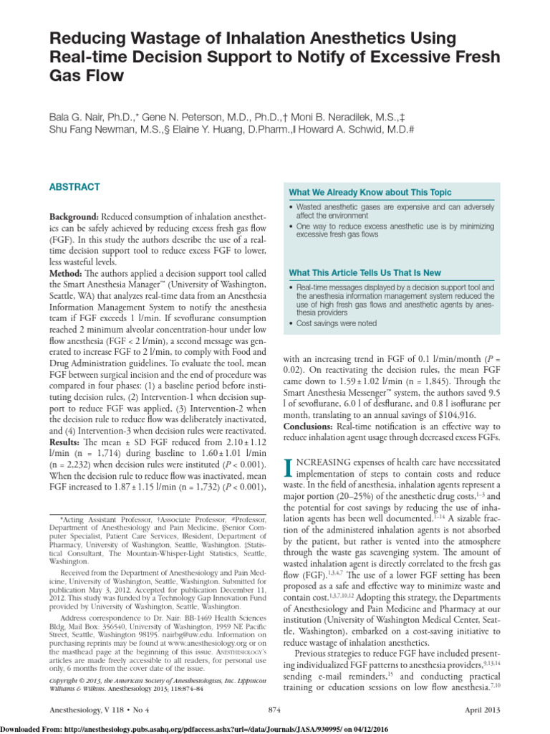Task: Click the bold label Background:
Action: coord(74,216)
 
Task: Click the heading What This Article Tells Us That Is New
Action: coord(365,273)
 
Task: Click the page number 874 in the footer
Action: coord(274,710)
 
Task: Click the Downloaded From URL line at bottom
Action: coord(200,728)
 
